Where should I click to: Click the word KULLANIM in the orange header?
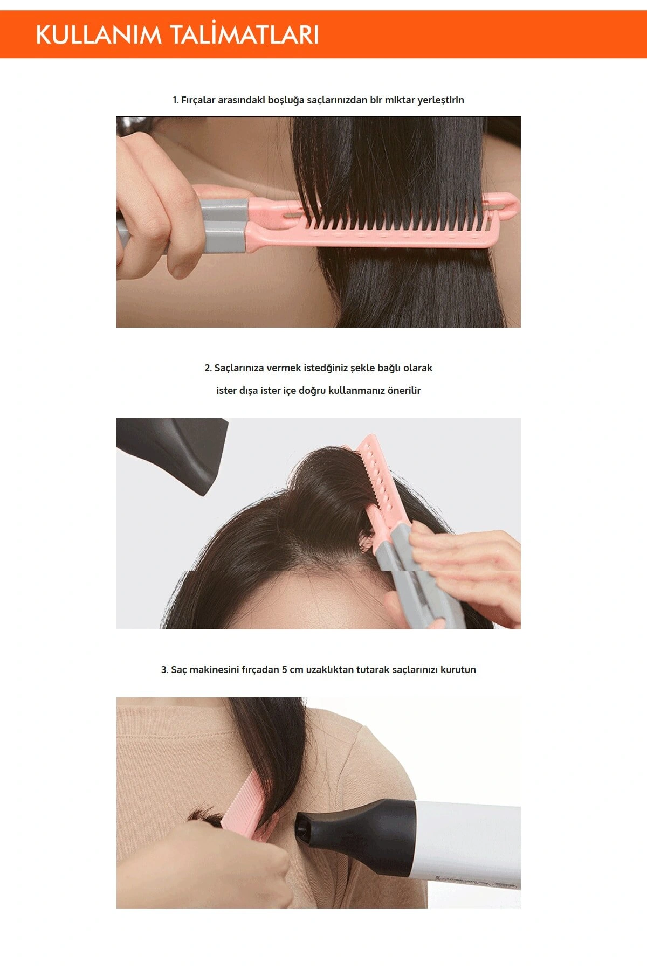(x=98, y=35)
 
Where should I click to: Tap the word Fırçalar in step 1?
(x=198, y=100)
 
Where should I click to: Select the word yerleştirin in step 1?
(x=440, y=100)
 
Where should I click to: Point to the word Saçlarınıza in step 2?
(x=239, y=368)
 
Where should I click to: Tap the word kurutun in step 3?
(x=458, y=670)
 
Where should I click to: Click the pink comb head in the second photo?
(x=377, y=474)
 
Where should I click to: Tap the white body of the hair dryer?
(x=469, y=841)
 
